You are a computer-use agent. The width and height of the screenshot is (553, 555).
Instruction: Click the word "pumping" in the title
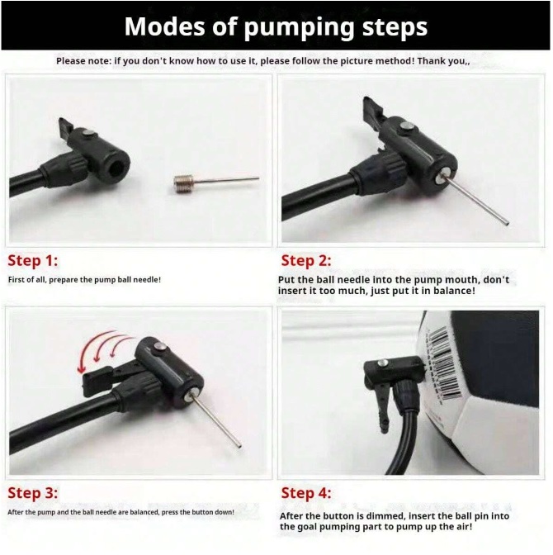tap(299, 27)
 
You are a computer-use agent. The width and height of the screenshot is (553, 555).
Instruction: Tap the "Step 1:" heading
tap(32, 261)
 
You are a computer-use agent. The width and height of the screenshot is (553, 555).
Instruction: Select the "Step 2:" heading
tap(306, 261)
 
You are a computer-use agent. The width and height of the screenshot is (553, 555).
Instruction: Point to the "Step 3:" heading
tap(32, 493)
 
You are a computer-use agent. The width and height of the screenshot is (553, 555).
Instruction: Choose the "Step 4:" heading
tap(306, 493)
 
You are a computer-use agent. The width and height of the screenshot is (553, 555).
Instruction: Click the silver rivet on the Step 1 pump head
tap(88, 133)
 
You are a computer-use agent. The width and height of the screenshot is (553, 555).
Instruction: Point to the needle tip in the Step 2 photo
tap(506, 224)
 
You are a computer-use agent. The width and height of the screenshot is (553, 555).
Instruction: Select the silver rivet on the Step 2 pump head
tap(408, 126)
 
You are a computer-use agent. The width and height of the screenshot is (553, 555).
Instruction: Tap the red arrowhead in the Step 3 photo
tap(82, 368)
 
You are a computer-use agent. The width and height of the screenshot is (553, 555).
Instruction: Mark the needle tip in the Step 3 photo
tap(239, 446)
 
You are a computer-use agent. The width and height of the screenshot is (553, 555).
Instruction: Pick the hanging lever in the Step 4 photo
tap(380, 404)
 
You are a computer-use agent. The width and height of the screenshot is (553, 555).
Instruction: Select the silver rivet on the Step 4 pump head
tap(382, 363)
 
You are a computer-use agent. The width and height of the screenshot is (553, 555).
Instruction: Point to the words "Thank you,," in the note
tap(443, 61)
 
